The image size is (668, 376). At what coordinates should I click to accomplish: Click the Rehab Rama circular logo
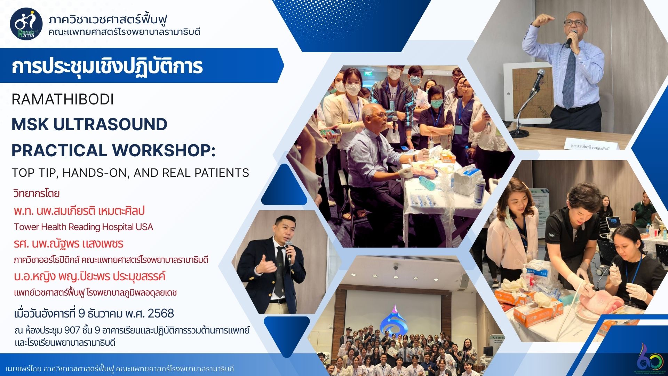click(26, 24)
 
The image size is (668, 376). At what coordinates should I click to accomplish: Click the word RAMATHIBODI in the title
click(63, 100)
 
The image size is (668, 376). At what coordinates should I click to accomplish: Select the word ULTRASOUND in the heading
click(110, 125)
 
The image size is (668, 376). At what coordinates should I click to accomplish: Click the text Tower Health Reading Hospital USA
click(83, 227)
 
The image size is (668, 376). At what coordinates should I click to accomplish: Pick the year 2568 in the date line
click(161, 313)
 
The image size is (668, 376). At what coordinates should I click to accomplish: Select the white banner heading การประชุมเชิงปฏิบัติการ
click(107, 67)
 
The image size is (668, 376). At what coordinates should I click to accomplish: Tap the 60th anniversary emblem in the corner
click(650, 359)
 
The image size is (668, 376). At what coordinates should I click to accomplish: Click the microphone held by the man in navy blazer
click(288, 252)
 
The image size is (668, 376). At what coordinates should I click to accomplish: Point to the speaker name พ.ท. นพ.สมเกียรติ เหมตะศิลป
click(79, 211)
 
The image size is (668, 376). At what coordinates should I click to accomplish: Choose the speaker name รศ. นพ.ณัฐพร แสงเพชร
click(69, 244)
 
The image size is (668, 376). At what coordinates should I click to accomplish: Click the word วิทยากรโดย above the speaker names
click(37, 193)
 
